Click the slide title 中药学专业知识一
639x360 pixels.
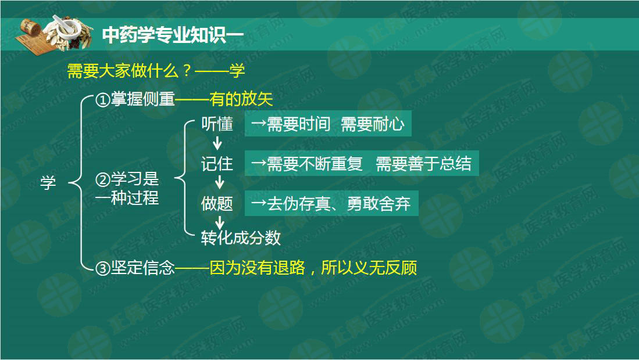173,35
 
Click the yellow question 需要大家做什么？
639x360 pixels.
130,71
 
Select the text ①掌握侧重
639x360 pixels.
135,99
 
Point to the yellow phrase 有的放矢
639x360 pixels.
241,99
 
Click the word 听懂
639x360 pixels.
217,124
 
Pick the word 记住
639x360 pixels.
217,164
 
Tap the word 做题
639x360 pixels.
217,203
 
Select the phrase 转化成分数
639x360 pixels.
241,237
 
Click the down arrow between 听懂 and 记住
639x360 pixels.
217,143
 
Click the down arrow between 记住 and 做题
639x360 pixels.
220,182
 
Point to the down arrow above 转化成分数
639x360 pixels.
220,222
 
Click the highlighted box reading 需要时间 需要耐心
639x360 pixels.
328,124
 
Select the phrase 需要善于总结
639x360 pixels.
423,164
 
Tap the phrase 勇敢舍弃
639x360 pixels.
379,203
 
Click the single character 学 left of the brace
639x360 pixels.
48,183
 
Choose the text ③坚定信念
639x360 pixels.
135,268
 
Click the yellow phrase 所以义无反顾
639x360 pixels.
369,268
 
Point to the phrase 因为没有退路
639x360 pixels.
257,268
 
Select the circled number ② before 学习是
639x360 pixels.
103,179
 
